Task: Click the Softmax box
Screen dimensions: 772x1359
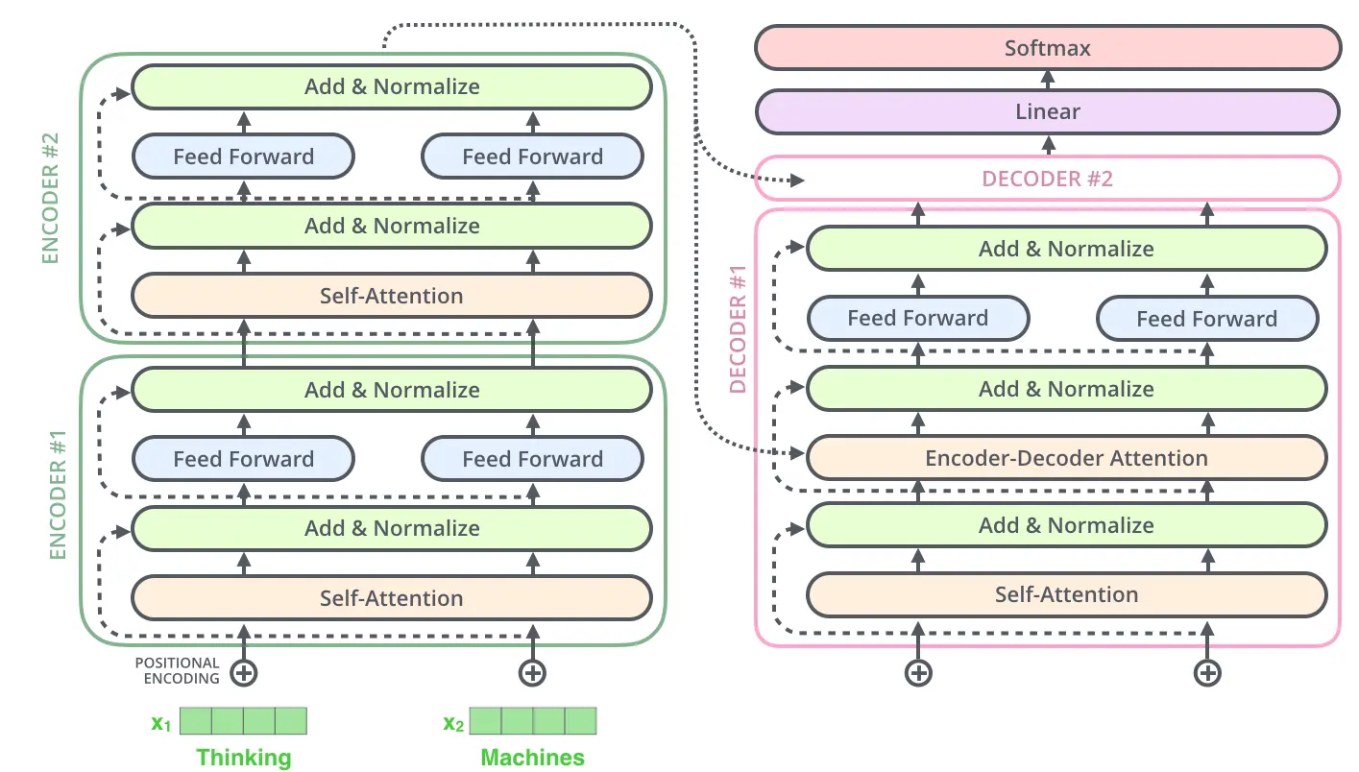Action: tap(1047, 48)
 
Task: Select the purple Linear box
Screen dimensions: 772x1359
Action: tap(1047, 111)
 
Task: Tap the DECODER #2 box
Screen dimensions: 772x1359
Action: tap(1047, 179)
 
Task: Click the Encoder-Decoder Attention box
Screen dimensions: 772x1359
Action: tap(1066, 458)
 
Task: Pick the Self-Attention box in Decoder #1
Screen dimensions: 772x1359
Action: tap(1066, 594)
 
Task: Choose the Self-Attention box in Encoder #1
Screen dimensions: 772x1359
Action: tap(392, 598)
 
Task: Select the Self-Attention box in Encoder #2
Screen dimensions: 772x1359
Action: tap(392, 296)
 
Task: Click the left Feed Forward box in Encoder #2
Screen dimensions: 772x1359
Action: tap(243, 157)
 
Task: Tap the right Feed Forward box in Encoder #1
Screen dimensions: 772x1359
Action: tap(532, 459)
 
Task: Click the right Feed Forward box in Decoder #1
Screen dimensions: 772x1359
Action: tap(1206, 319)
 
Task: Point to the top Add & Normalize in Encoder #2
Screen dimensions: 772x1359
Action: tap(392, 86)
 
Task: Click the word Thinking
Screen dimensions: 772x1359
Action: tap(243, 757)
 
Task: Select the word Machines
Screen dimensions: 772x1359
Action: tap(532, 757)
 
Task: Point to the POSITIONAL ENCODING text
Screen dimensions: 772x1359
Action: tap(178, 670)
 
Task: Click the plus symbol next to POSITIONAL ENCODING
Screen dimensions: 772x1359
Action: tap(244, 672)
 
